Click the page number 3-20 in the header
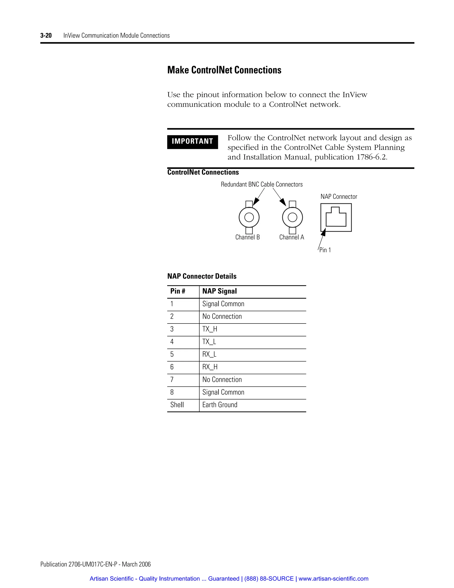(x=46, y=36)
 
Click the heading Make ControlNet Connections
(x=224, y=70)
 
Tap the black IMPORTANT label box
(x=192, y=142)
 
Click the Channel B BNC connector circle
(x=249, y=217)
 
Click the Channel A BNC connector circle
(x=292, y=217)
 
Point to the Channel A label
(x=292, y=237)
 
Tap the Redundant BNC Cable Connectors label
(x=262, y=184)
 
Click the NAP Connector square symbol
(x=336, y=217)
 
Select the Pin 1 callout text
(x=325, y=250)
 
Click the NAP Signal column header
(x=219, y=291)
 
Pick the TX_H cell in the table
(x=210, y=329)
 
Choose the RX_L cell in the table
(x=209, y=354)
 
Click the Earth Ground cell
(x=220, y=405)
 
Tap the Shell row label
(x=177, y=405)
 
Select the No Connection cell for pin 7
(x=222, y=380)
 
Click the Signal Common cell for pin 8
(x=223, y=392)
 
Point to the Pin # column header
(x=178, y=291)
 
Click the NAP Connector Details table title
(x=202, y=276)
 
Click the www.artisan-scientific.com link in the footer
(x=333, y=579)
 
